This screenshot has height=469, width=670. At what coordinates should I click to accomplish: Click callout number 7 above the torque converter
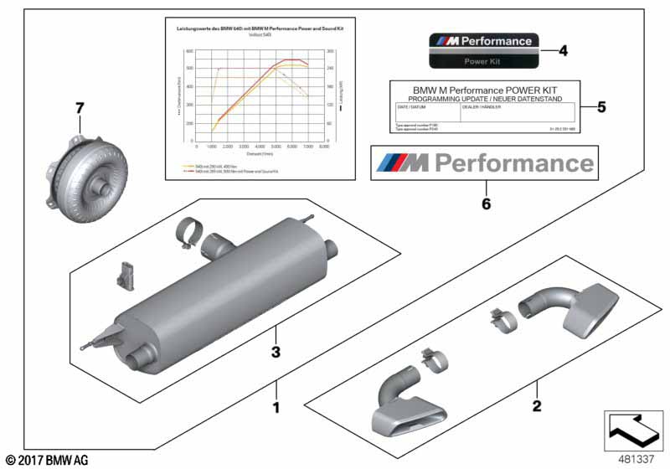click(x=80, y=108)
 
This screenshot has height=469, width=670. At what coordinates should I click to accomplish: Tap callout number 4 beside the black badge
click(x=563, y=51)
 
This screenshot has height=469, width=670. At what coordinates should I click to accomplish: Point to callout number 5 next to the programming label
click(x=600, y=106)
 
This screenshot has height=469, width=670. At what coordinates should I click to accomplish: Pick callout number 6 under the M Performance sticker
click(x=484, y=203)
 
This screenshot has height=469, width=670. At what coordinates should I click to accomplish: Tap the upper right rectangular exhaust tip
click(x=595, y=308)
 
